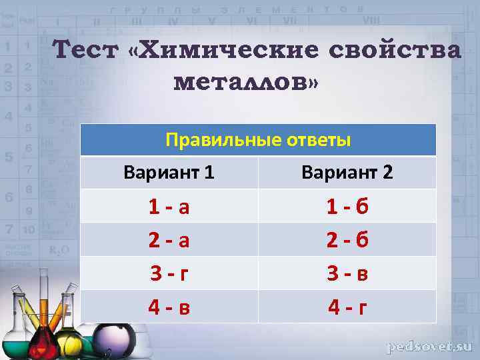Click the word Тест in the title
coord(84,51)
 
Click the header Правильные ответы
coord(258,141)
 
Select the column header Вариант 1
coord(169,173)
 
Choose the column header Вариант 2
coord(347,173)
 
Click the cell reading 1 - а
coord(169,207)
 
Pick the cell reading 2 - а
coord(169,239)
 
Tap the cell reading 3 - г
coord(169,273)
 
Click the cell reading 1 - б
coord(347,207)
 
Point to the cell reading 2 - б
coord(347,239)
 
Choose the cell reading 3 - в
coord(347,273)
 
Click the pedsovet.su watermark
coord(430,347)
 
